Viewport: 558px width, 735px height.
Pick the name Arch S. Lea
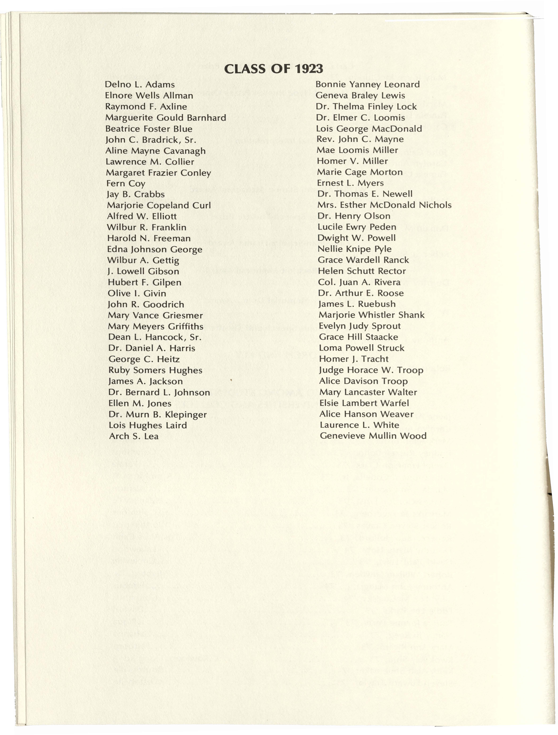[x=134, y=436]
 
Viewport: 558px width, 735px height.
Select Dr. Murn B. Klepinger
[x=158, y=414]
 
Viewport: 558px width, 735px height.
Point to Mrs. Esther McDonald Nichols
[x=384, y=205]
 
